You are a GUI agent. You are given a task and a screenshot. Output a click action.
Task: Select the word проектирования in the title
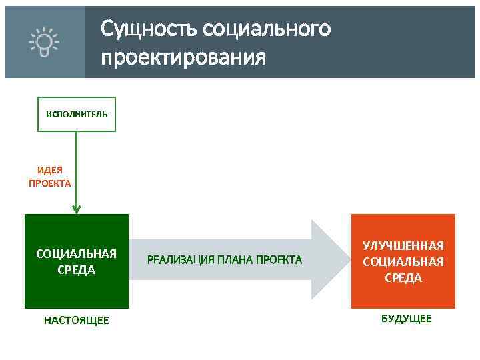tap(183, 57)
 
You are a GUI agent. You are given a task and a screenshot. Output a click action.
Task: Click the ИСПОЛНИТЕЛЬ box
tap(76, 114)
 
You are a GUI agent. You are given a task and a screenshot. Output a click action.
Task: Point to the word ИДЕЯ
tap(49, 170)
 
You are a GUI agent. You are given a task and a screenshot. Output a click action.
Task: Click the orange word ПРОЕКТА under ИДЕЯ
tap(49, 183)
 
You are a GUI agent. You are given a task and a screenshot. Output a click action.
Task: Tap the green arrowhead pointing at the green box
tap(77, 209)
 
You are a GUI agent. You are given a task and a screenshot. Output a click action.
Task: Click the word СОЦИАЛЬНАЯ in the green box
tap(76, 253)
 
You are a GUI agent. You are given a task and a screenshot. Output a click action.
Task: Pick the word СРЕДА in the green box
tap(76, 270)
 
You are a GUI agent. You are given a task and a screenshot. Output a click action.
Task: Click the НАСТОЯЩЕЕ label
tap(76, 321)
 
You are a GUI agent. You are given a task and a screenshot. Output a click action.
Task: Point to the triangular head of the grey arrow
tap(327, 259)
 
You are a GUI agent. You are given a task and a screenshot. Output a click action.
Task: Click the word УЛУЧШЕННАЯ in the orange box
tap(403, 246)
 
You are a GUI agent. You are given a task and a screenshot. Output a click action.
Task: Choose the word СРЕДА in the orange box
tap(403, 277)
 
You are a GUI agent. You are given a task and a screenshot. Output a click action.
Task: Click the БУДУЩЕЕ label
tap(406, 319)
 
